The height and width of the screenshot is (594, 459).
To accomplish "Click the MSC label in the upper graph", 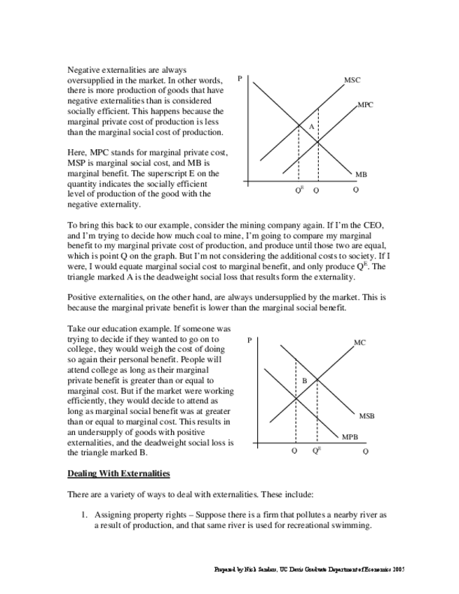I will pyautogui.click(x=352, y=81).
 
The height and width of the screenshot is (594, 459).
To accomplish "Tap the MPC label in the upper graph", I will pyautogui.click(x=364, y=104).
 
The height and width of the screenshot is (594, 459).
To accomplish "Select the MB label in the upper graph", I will pyautogui.click(x=361, y=174).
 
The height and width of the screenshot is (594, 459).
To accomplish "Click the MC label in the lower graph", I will pyautogui.click(x=359, y=343).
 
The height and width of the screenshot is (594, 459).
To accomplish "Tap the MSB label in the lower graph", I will pyautogui.click(x=366, y=416).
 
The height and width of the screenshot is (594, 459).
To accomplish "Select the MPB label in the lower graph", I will pyautogui.click(x=350, y=437).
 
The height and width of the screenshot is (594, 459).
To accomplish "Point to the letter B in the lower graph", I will pyautogui.click(x=305, y=380).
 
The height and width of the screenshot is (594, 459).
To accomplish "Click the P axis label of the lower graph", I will pyautogui.click(x=249, y=340).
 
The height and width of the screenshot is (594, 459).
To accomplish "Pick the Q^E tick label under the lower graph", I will pyautogui.click(x=317, y=450).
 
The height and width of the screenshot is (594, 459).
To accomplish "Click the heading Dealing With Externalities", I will pyautogui.click(x=118, y=474).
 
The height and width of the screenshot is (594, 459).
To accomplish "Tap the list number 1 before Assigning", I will pyautogui.click(x=83, y=514).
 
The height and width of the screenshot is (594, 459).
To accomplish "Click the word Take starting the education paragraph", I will pyautogui.click(x=76, y=328).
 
